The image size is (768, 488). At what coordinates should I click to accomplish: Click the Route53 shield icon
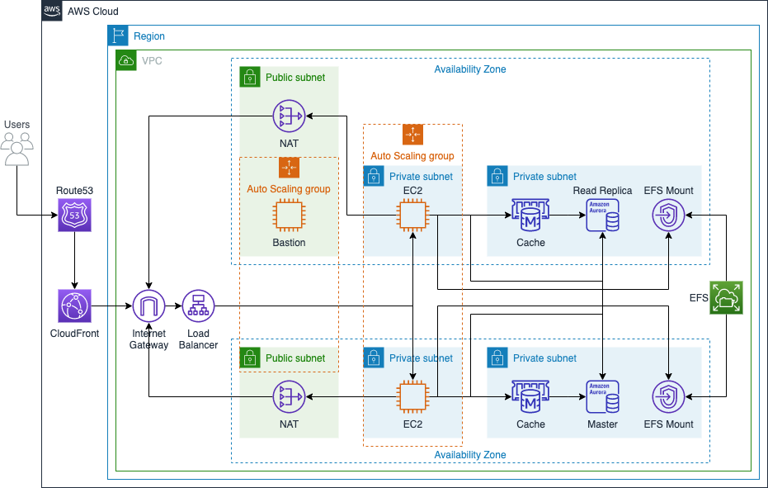click(x=75, y=215)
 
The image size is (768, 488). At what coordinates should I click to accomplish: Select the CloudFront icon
click(x=75, y=306)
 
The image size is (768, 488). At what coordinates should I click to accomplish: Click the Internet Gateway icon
click(x=149, y=306)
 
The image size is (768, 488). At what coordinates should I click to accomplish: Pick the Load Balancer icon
click(x=198, y=306)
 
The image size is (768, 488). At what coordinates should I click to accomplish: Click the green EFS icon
click(x=727, y=298)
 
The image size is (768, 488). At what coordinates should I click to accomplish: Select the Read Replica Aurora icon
click(x=602, y=216)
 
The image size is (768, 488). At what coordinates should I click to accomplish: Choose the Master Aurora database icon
click(x=602, y=397)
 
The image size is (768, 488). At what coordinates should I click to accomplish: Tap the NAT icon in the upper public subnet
click(x=289, y=116)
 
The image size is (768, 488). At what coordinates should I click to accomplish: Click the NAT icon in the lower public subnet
click(x=289, y=397)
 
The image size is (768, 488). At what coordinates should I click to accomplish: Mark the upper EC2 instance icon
click(x=412, y=216)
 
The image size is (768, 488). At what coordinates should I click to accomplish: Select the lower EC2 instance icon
click(x=412, y=397)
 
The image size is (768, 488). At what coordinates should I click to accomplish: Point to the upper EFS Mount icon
click(x=668, y=216)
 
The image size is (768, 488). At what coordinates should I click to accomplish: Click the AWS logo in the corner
click(x=52, y=12)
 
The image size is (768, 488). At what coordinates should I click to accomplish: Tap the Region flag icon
click(x=118, y=36)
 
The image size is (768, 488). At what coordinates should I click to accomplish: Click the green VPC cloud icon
click(x=126, y=60)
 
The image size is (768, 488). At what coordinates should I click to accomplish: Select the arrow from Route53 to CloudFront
click(x=75, y=260)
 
